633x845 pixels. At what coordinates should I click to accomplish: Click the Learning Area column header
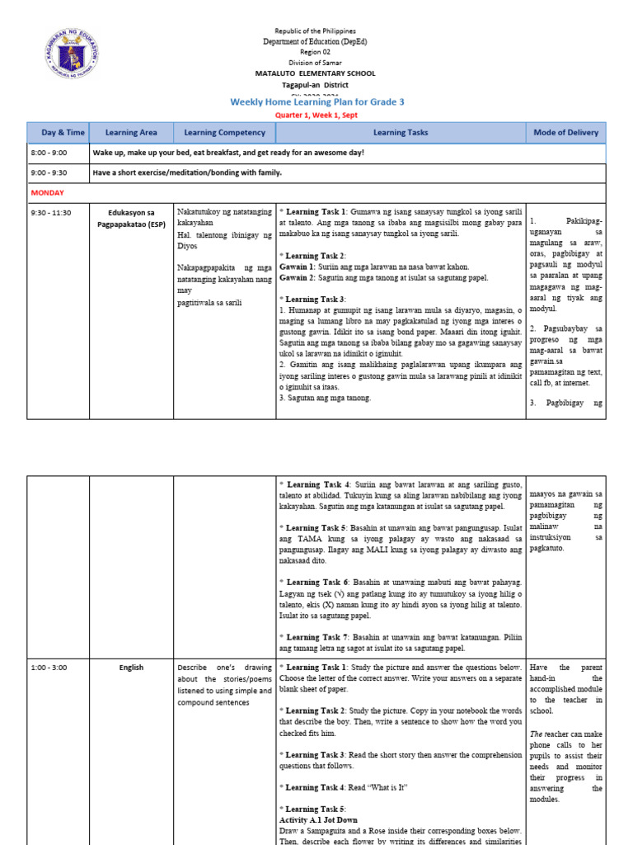point(131,132)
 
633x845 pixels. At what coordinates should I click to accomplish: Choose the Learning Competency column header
point(224,132)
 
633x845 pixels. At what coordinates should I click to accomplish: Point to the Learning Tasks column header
point(401,132)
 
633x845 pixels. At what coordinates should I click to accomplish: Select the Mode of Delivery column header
point(565,132)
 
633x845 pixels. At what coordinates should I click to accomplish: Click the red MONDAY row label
point(47,192)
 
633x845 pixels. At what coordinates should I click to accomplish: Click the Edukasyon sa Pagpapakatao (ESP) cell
point(131,218)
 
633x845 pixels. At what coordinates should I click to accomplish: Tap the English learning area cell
point(131,668)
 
